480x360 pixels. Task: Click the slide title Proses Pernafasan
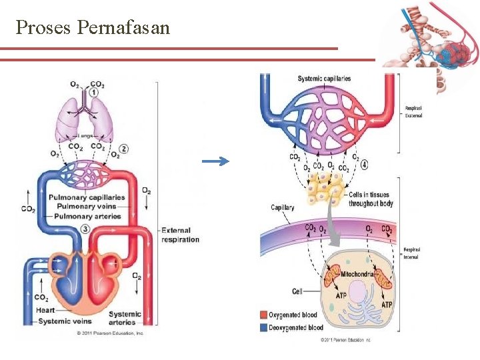point(93,27)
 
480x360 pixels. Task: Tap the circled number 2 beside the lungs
point(124,149)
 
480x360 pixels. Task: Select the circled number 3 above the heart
point(87,229)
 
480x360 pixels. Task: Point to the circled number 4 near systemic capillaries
point(364,164)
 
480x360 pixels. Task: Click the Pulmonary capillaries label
point(87,197)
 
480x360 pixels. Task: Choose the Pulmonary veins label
point(87,207)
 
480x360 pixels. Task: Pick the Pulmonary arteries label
point(88,216)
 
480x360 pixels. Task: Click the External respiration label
point(180,235)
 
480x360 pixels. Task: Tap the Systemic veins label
point(64,321)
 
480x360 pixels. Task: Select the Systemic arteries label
point(125,318)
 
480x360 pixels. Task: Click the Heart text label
point(45,310)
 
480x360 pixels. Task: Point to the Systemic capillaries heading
point(324,79)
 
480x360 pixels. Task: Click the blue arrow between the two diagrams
point(214,161)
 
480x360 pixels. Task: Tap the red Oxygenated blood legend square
point(263,314)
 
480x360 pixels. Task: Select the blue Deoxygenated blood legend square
point(263,327)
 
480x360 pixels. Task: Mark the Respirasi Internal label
point(411,253)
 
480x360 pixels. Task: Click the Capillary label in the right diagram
point(282,207)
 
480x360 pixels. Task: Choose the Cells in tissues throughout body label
point(371,199)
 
